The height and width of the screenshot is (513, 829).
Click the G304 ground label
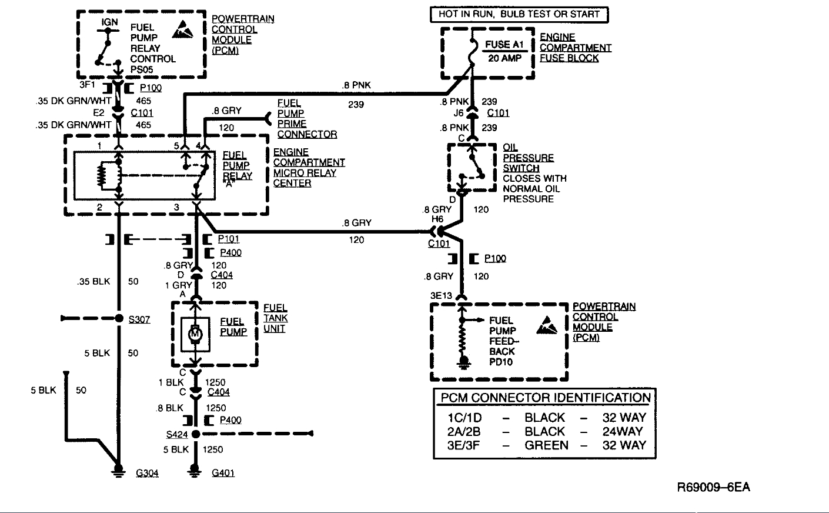click(x=147, y=473)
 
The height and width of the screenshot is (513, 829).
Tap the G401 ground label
click(x=223, y=473)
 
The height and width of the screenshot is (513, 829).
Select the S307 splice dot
click(x=119, y=319)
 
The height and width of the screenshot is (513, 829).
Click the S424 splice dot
click(x=196, y=434)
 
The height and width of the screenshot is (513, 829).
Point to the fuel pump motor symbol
click(x=195, y=334)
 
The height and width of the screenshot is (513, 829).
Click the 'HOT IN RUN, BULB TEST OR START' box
click(x=519, y=14)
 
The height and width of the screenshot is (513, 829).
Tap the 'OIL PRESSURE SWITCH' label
click(x=528, y=158)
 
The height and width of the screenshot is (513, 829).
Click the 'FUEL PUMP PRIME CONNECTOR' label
click(x=306, y=119)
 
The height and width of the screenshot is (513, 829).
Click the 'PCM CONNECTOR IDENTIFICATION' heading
click(x=546, y=398)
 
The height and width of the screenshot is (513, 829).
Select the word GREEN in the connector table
click(x=546, y=445)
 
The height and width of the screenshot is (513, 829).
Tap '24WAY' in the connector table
click(x=623, y=431)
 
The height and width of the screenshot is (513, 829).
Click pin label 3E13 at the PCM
click(x=441, y=295)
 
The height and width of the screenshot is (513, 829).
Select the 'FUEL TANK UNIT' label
click(x=275, y=318)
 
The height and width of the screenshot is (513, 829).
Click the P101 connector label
click(x=228, y=239)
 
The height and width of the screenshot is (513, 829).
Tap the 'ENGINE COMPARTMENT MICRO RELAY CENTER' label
click(x=308, y=168)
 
